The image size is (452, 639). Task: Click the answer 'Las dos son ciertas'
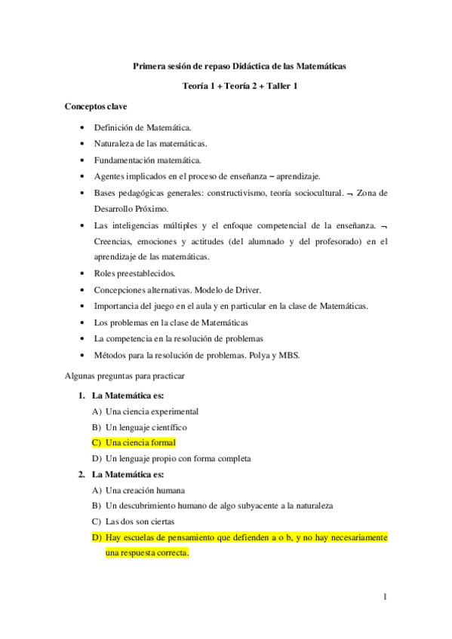click(140, 521)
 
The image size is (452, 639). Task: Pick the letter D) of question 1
click(96, 458)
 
